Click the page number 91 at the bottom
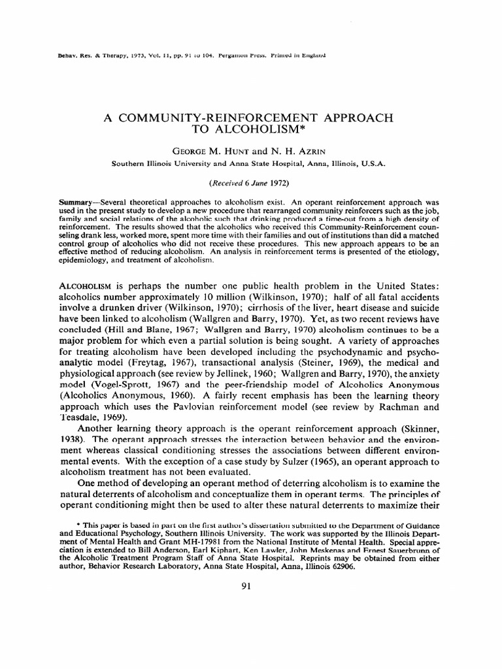pos(246,586)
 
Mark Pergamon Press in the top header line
pos(236,56)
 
